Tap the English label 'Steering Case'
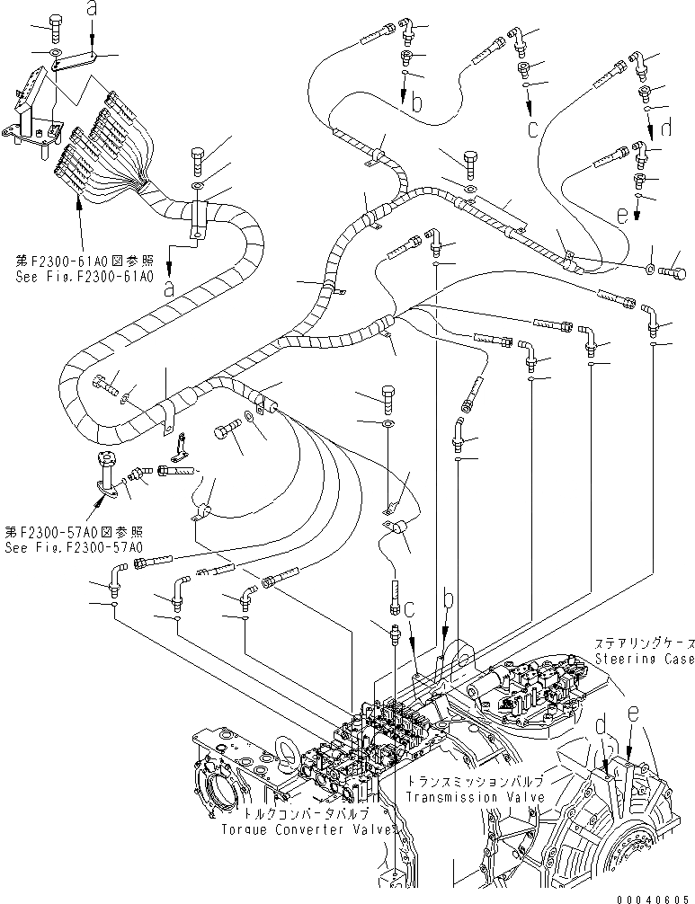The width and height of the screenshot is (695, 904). point(644,660)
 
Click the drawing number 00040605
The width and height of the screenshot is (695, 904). point(653,897)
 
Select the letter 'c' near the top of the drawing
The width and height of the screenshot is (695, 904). point(533,128)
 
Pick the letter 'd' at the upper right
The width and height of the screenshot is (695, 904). point(665,129)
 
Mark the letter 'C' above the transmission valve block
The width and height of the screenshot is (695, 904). point(409,610)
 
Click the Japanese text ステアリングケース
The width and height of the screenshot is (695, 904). point(644,643)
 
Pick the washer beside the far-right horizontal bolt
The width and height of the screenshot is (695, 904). point(650,267)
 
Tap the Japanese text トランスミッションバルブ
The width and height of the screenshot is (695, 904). point(460,783)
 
